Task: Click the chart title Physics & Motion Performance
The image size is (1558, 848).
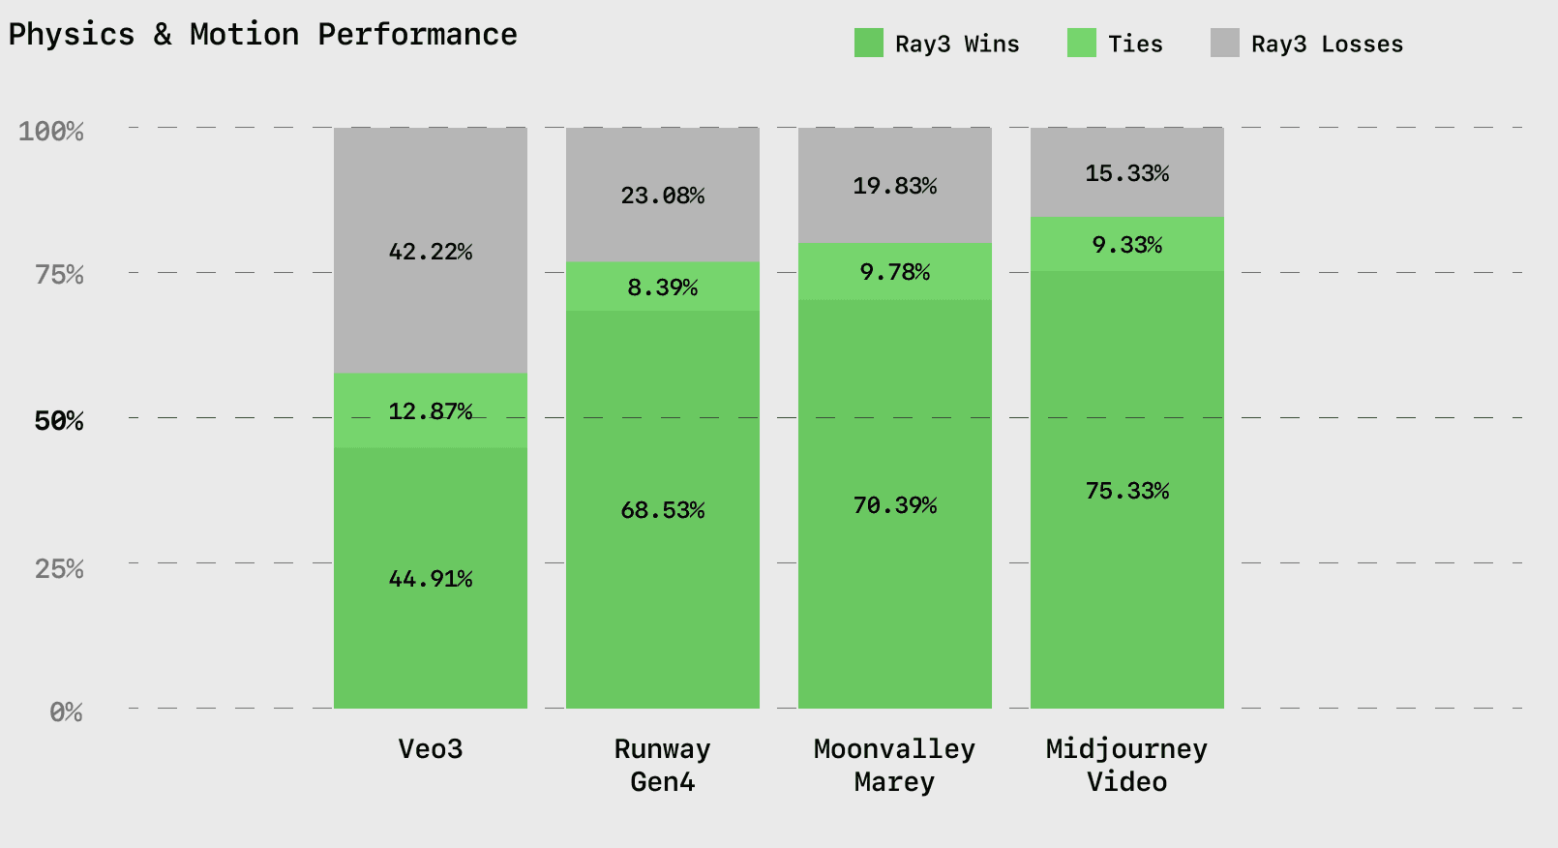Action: tap(262, 35)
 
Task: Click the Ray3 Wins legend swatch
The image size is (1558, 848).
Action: tap(868, 44)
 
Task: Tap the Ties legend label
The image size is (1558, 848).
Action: tap(1135, 45)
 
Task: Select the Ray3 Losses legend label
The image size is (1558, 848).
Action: tap(1327, 45)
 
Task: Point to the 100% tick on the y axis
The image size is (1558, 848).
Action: tap(51, 131)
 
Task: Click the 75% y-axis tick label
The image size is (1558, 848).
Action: tap(59, 275)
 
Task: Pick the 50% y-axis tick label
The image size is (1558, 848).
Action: tap(59, 421)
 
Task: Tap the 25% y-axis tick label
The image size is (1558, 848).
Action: tap(59, 568)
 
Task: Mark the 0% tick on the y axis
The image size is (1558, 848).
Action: tap(66, 712)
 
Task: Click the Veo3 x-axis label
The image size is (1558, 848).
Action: tap(431, 749)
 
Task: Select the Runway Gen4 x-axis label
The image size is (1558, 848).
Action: tap(663, 765)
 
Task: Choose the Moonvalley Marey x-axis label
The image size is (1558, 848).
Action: tap(895, 765)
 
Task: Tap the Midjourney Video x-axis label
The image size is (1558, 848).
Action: tap(1127, 765)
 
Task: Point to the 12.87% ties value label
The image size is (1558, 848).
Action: tap(431, 411)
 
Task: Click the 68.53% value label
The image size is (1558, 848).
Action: tap(663, 510)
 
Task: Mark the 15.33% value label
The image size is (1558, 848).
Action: tap(1127, 173)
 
